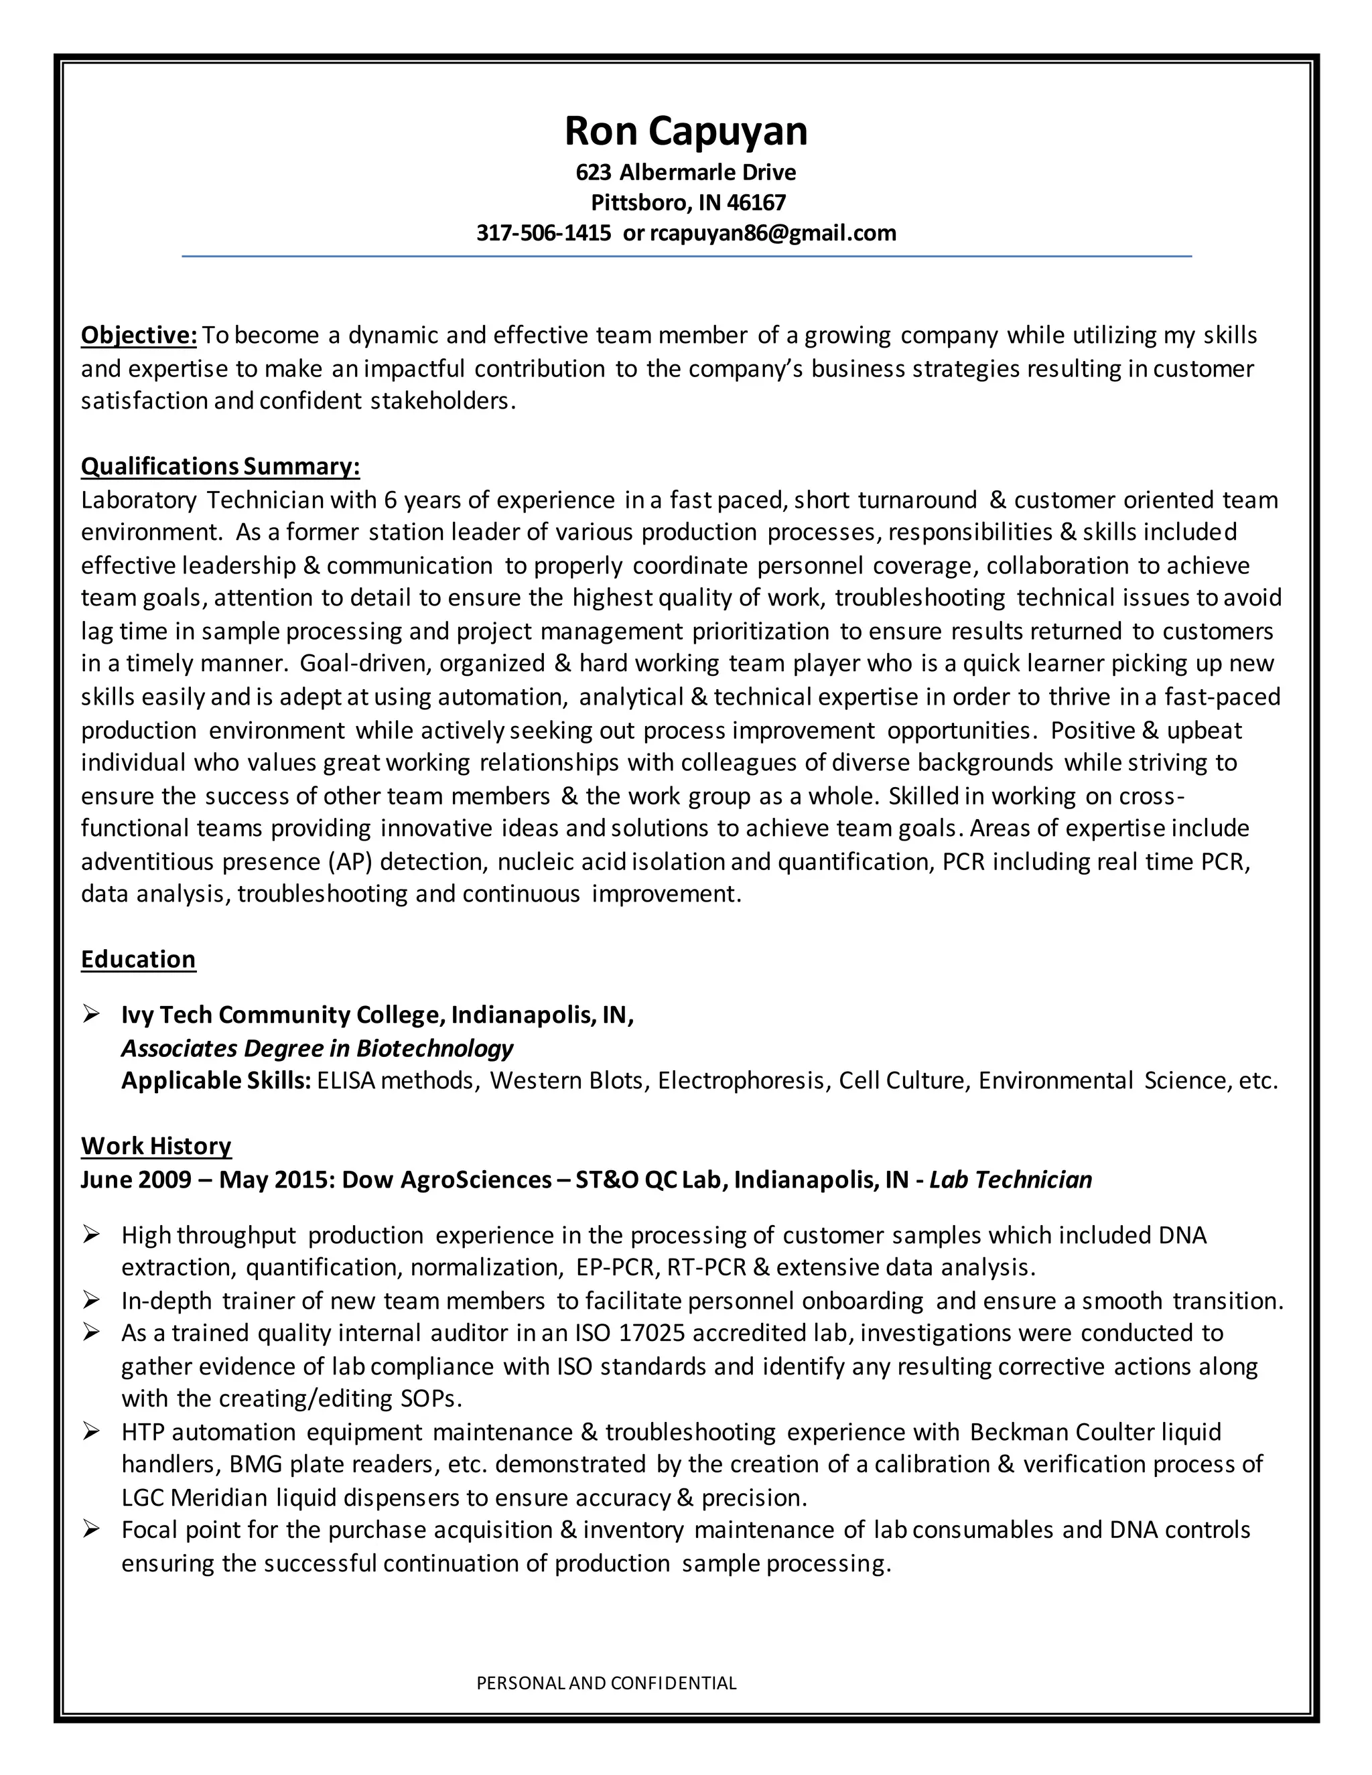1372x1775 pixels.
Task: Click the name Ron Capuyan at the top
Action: (x=686, y=131)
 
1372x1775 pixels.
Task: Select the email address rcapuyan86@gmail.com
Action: (x=773, y=233)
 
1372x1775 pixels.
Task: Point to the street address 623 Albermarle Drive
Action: (x=686, y=172)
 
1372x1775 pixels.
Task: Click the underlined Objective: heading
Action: (x=139, y=335)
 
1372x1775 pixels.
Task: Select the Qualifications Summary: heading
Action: (x=220, y=466)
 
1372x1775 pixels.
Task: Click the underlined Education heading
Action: (x=138, y=959)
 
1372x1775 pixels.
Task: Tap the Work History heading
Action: (x=156, y=1146)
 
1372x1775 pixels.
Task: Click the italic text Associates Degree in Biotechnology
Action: (x=317, y=1048)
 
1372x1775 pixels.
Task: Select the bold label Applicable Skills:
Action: (x=216, y=1081)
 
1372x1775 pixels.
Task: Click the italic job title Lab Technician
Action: (x=1010, y=1180)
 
